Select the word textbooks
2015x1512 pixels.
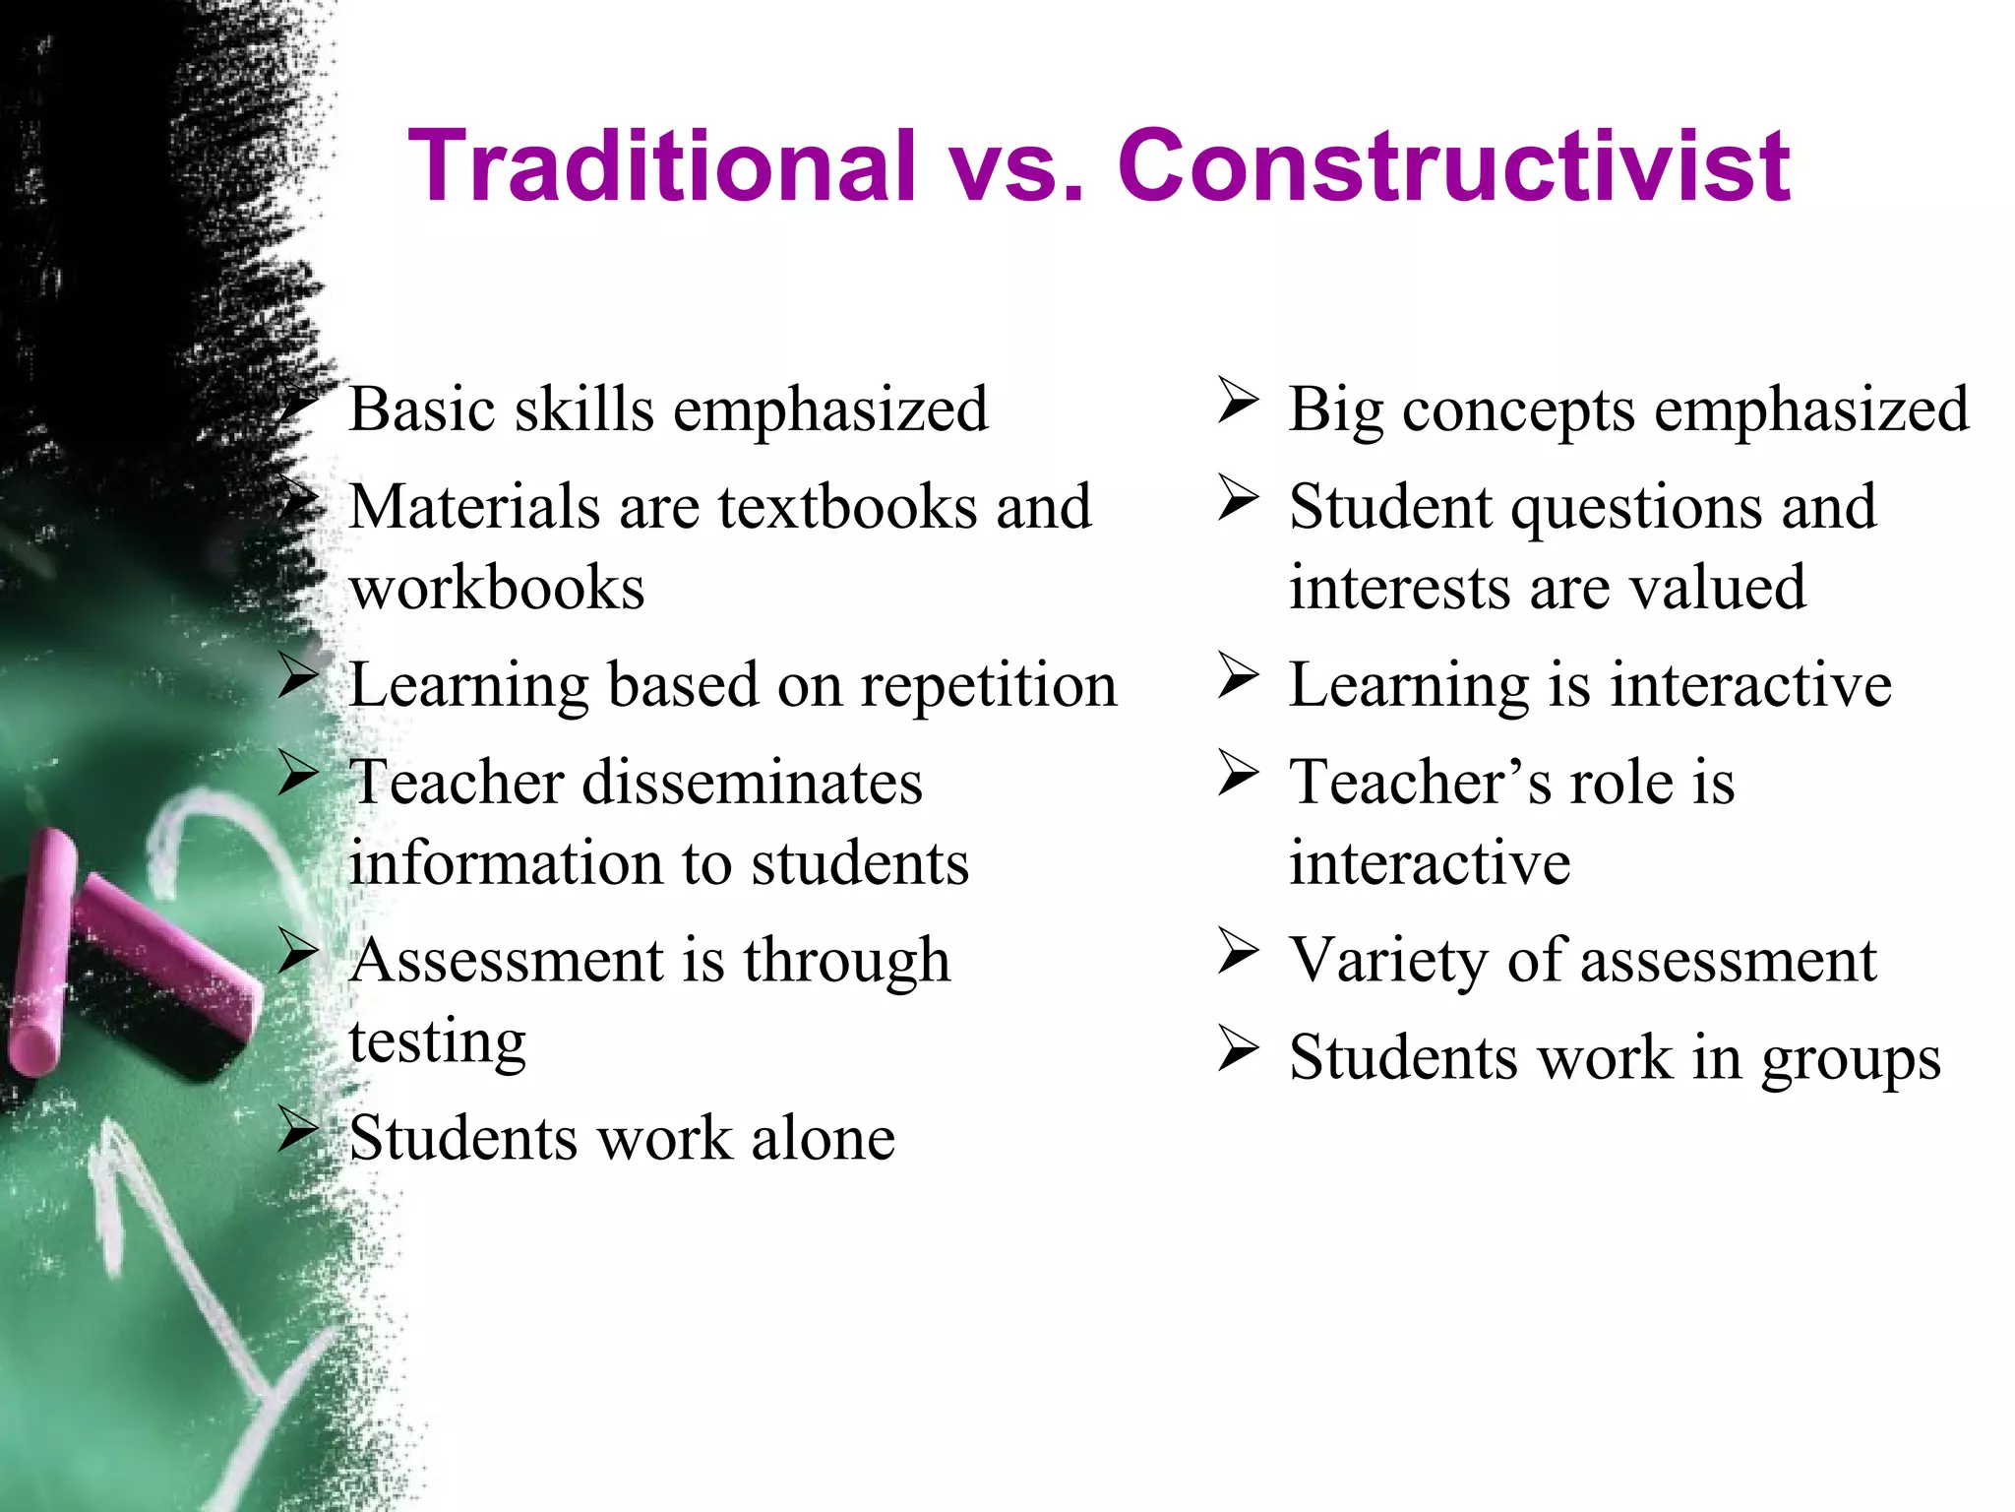coord(847,507)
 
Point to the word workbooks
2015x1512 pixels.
coord(497,589)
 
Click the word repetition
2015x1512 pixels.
coord(989,685)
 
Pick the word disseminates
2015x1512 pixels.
coord(753,784)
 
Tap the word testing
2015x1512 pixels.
coord(438,1041)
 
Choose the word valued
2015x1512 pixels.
coord(1717,589)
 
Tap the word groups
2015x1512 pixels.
coord(1851,1060)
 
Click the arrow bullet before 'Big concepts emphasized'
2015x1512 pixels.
coord(1238,402)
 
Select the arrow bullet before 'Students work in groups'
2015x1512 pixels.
coord(1238,1049)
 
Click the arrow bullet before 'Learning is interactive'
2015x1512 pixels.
coord(1238,676)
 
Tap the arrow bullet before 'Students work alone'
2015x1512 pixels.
coord(298,1130)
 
